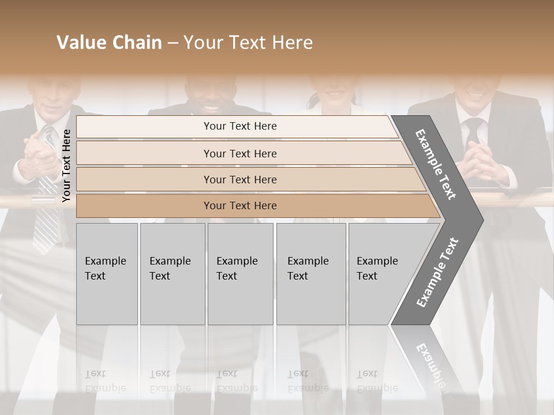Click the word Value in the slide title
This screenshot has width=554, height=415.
pos(80,43)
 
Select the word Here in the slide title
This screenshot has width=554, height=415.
pos(292,43)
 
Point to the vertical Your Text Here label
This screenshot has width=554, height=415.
pos(66,165)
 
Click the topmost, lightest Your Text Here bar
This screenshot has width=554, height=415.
pos(240,126)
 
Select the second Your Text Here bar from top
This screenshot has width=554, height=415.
pos(240,153)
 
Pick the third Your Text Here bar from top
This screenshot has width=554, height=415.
pos(240,179)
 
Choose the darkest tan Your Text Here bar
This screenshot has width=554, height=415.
pos(240,206)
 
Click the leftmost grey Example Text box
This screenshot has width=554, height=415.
pos(107,273)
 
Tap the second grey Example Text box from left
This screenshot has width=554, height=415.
pos(172,273)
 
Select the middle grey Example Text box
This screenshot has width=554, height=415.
pos(240,273)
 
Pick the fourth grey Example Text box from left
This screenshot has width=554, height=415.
pos(310,273)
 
